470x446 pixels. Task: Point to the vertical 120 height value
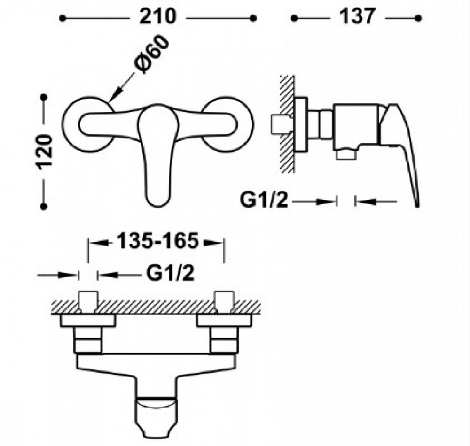pyautogui.click(x=44, y=152)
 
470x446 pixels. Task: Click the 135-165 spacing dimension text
pyautogui.click(x=157, y=241)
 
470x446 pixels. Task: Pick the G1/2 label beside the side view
pyautogui.click(x=264, y=200)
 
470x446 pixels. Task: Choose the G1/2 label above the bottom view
pyautogui.click(x=170, y=273)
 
